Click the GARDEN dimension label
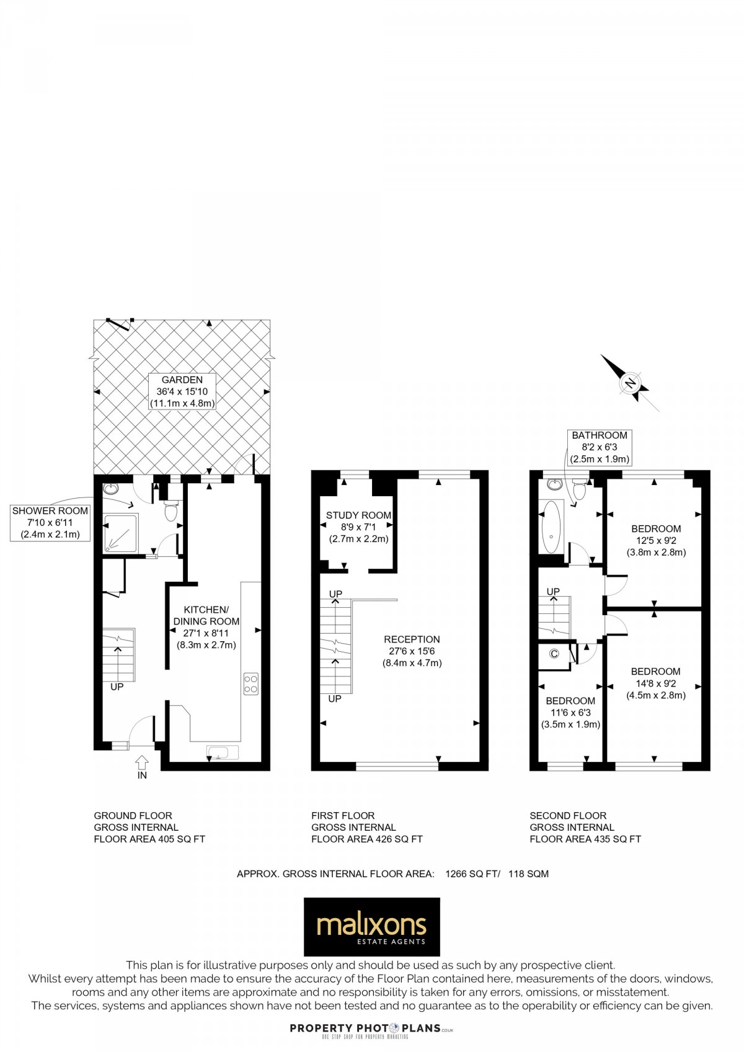tap(182, 392)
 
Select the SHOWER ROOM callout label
tap(50, 522)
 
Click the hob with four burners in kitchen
tap(251, 683)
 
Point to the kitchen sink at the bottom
tap(222, 753)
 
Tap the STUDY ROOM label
tap(358, 527)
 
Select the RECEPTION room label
tap(412, 651)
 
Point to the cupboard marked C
tap(554, 654)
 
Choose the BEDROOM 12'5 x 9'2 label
tap(656, 540)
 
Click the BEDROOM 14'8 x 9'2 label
tap(655, 683)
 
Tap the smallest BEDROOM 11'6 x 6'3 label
tap(570, 712)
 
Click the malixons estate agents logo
tap(371, 927)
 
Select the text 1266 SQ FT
tap(472, 874)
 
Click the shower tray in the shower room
tap(122, 533)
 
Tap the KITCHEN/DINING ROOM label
tap(206, 627)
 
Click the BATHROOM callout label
tap(600, 447)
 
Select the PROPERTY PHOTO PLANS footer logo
tap(371, 1028)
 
